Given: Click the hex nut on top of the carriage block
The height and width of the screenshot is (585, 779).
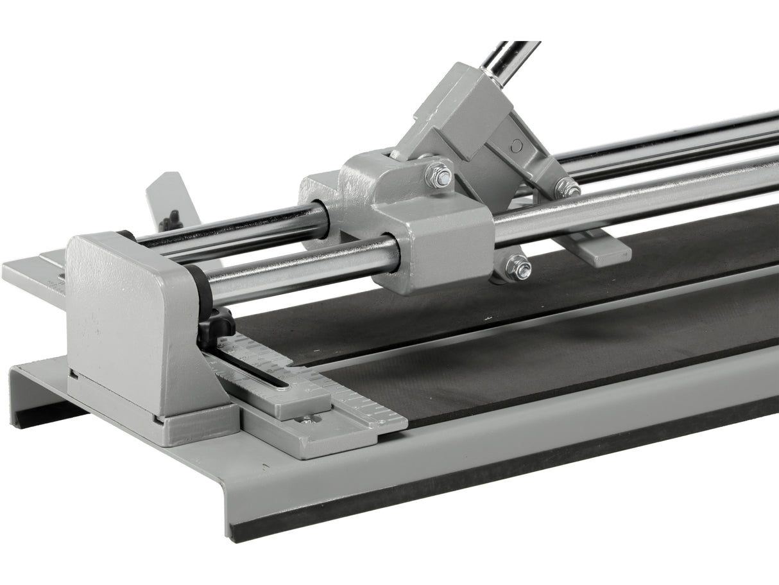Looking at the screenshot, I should (x=439, y=177).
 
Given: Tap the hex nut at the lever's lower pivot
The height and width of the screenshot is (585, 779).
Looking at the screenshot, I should (x=567, y=188).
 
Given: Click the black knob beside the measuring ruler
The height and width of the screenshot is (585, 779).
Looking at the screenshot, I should (x=216, y=323).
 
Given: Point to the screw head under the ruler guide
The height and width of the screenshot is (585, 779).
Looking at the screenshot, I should (x=307, y=420).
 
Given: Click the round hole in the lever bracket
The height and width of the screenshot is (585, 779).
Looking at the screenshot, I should (x=516, y=146).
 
